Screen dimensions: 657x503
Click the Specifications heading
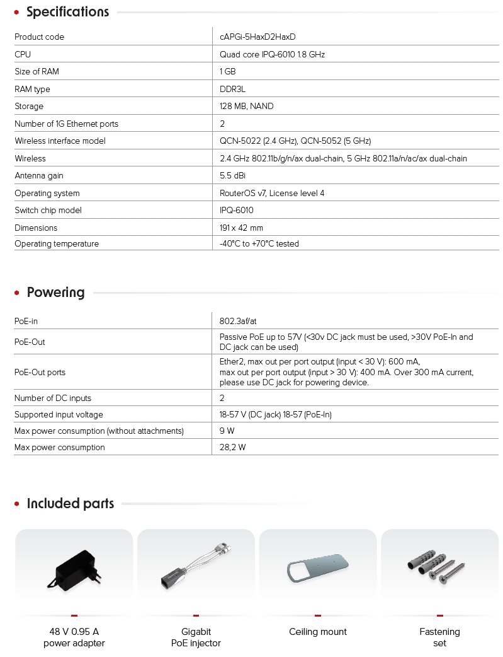coord(67,12)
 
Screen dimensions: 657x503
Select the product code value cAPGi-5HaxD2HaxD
coord(257,37)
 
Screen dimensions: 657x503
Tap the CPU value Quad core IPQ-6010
coord(272,55)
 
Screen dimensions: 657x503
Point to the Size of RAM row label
coord(37,72)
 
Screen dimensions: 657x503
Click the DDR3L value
coord(232,90)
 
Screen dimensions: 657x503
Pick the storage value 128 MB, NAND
coord(246,107)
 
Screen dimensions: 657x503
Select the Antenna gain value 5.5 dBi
coord(232,176)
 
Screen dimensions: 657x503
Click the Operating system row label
coord(47,194)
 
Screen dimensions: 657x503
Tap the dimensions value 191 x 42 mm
coord(241,228)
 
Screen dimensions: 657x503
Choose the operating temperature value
coord(259,244)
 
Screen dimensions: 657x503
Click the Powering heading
coord(55,293)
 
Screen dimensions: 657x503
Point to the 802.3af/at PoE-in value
coord(238,322)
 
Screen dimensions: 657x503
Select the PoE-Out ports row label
coord(40,373)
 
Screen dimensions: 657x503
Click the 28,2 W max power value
coord(232,448)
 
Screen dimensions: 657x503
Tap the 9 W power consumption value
coord(227,431)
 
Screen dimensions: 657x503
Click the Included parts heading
coord(70,504)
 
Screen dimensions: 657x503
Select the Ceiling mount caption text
coord(318,632)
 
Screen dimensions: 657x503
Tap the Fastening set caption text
coord(439,637)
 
